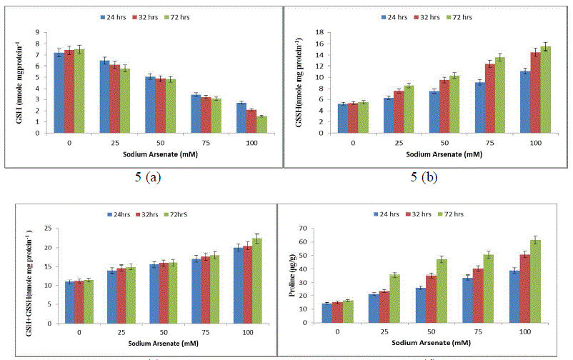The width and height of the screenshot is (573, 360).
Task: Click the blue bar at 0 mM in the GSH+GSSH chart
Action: tap(69, 302)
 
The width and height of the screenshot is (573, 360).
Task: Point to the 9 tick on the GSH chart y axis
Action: tap(37, 33)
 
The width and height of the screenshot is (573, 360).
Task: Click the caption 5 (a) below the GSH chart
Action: tap(147, 178)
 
